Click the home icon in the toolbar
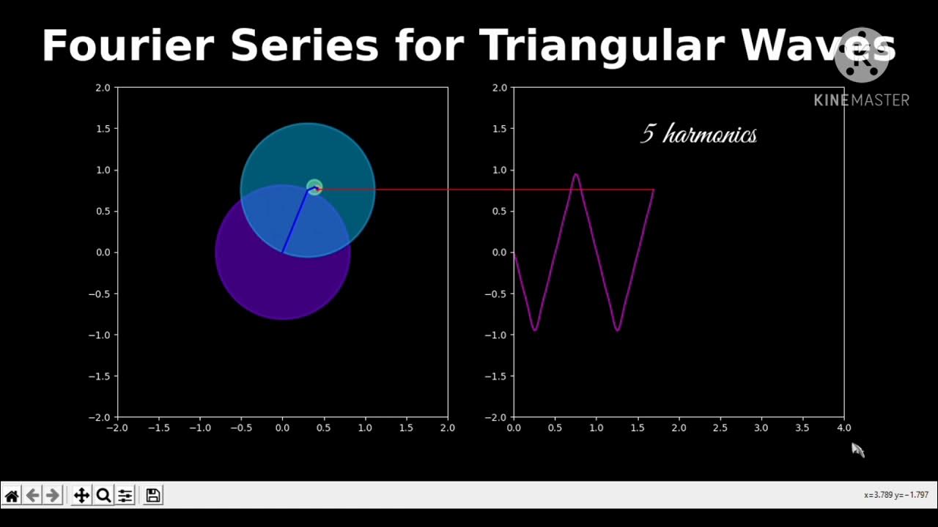[12, 496]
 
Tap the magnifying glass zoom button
[103, 496]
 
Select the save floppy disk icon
[152, 496]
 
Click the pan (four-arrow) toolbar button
[81, 496]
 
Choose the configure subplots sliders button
[125, 496]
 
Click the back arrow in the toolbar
[32, 496]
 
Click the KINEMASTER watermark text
[861, 100]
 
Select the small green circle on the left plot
[314, 187]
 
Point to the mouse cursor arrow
[857, 449]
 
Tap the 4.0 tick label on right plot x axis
[844, 428]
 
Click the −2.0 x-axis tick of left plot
[117, 428]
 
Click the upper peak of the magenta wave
[576, 174]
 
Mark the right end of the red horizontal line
[654, 190]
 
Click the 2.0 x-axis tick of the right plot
[679, 428]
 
